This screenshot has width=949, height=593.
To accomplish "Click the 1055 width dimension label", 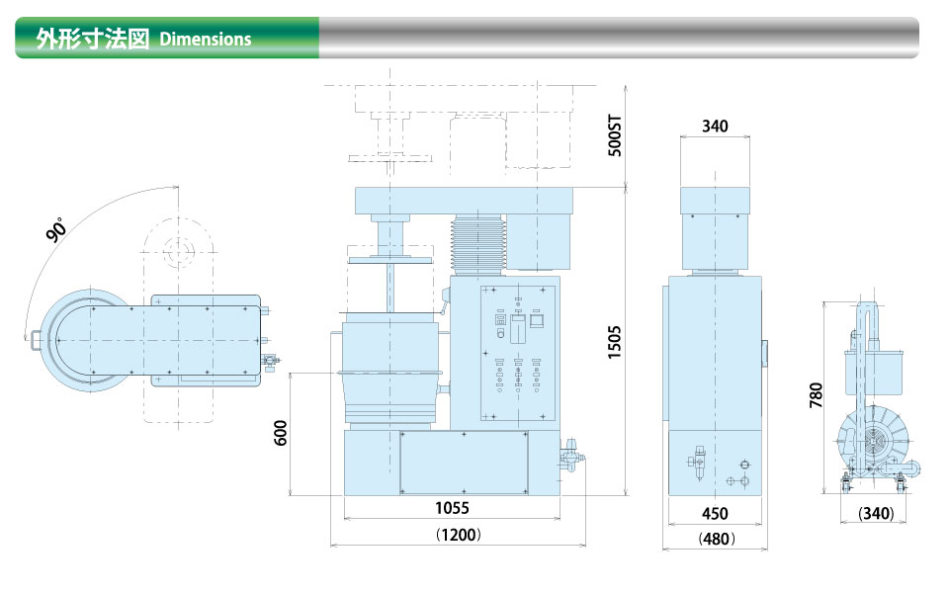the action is (x=452, y=507).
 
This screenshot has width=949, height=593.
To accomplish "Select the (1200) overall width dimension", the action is (x=458, y=535).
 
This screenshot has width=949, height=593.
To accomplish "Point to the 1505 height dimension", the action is (x=614, y=342).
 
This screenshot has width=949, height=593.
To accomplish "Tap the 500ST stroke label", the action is (x=614, y=135).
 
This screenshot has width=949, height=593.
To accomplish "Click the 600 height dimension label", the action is (x=281, y=433).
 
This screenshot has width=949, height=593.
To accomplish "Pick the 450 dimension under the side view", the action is (x=715, y=513).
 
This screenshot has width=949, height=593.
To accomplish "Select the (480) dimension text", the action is (x=717, y=538).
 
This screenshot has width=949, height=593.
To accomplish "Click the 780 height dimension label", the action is (x=816, y=395).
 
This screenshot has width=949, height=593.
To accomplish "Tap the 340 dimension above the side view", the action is (x=715, y=126).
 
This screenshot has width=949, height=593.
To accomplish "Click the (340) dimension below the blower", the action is (x=876, y=513).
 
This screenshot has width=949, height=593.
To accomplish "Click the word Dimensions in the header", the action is (x=206, y=40).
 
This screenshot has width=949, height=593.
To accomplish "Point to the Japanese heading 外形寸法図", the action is (x=93, y=39).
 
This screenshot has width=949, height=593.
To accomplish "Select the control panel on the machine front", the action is (x=517, y=353).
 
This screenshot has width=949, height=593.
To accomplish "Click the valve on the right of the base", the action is (x=570, y=455).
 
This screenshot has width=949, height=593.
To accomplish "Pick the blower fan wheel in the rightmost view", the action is (x=875, y=437).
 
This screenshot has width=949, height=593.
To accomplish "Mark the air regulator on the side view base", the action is (x=699, y=463).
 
